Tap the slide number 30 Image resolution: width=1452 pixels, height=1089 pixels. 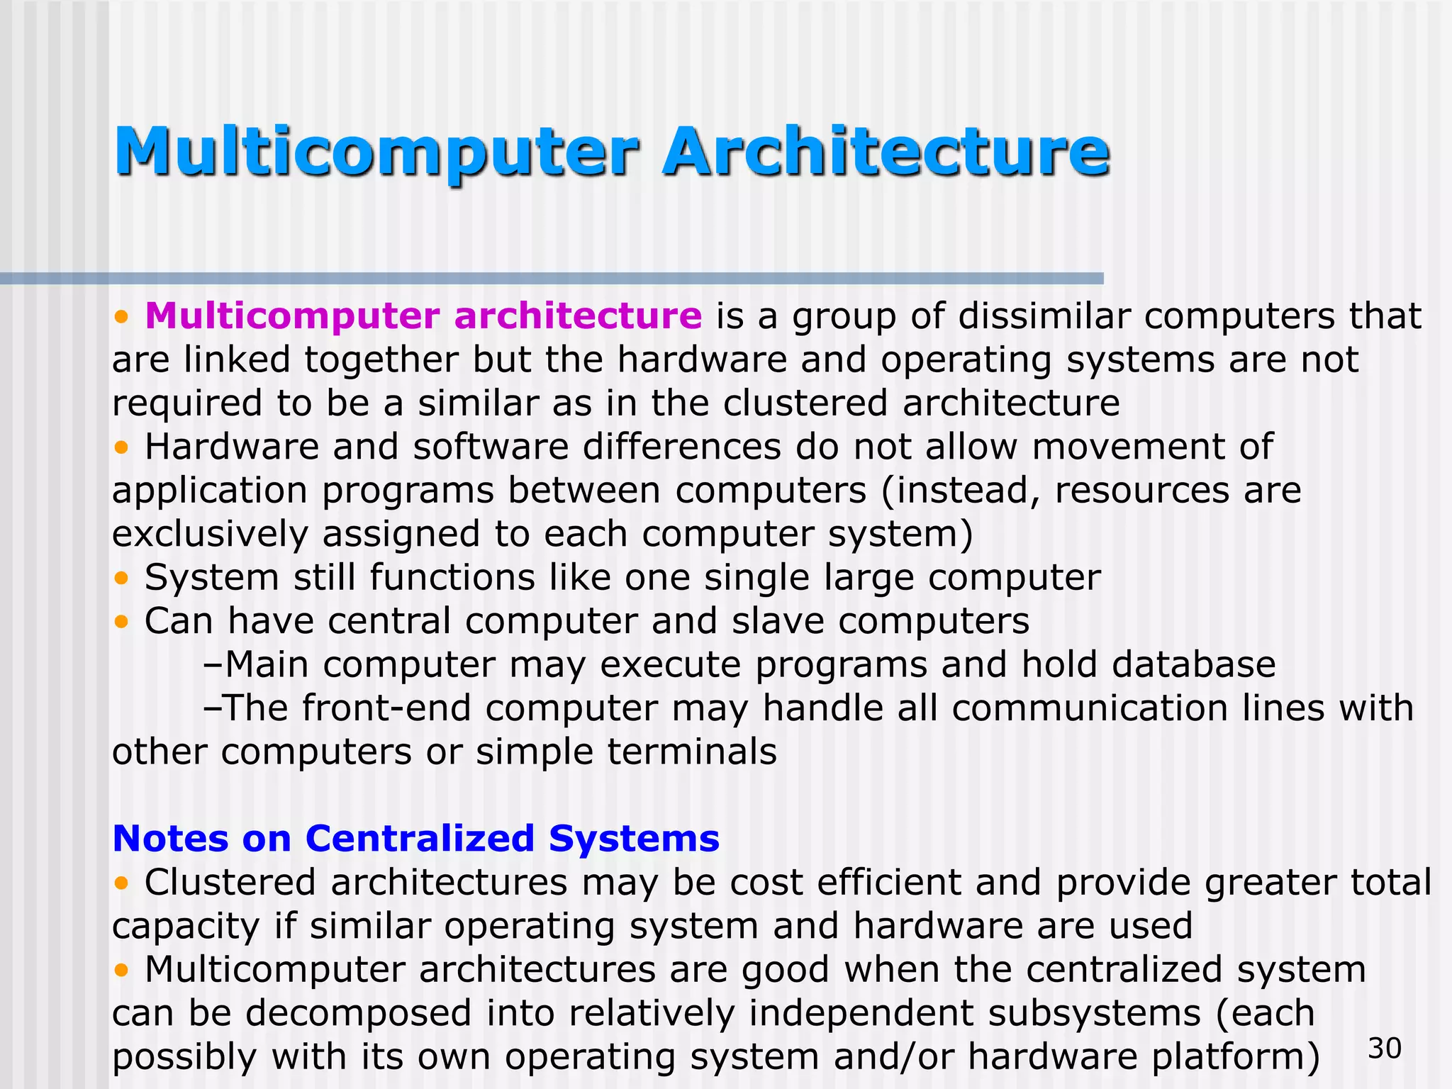tap(1385, 1048)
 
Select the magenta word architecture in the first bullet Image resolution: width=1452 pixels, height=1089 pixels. tap(578, 315)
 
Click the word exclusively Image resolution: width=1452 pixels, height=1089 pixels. tap(210, 534)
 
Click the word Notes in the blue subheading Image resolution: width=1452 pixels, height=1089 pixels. tap(170, 839)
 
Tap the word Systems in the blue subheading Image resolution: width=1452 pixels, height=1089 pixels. tap(634, 839)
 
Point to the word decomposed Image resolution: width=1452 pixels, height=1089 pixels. tap(359, 1013)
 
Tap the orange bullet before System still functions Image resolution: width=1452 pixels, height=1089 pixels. tap(122, 579)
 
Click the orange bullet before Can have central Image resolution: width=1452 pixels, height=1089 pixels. tap(122, 622)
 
